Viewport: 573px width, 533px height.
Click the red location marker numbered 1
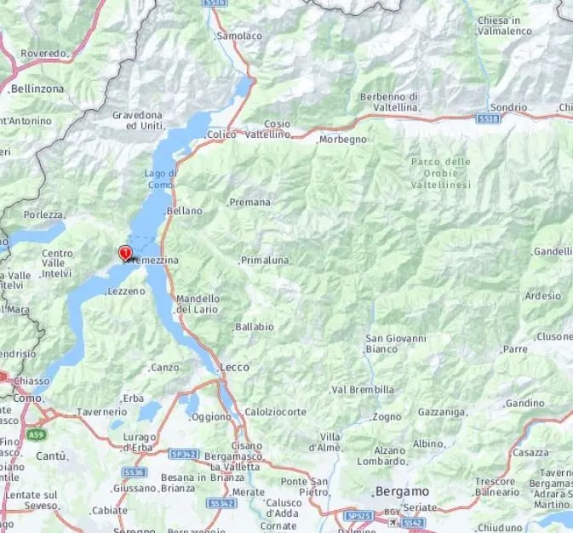click(x=125, y=253)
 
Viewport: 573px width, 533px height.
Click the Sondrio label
click(x=508, y=107)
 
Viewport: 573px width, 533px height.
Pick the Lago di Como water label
click(x=160, y=179)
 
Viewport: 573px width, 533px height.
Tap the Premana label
click(x=250, y=203)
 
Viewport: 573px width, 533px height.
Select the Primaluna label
click(x=265, y=260)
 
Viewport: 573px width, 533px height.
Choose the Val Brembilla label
click(x=363, y=389)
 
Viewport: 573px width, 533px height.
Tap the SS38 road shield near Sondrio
click(x=488, y=120)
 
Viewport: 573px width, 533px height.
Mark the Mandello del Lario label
click(x=198, y=304)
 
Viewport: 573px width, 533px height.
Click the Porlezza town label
click(x=43, y=215)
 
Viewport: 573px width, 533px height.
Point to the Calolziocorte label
click(x=275, y=412)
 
